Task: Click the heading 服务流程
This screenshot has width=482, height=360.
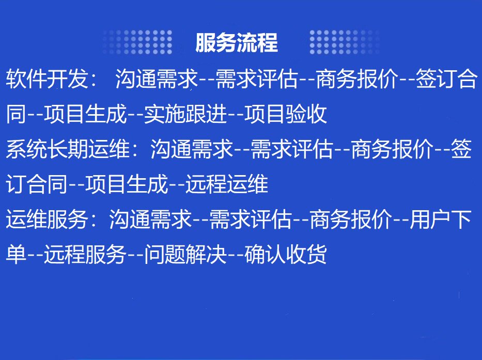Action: point(237,42)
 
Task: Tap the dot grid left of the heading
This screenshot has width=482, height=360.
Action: point(137,42)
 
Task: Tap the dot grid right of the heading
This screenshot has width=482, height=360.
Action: point(345,42)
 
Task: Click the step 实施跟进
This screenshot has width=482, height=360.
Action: point(185,114)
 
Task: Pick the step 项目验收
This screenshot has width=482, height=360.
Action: point(286,114)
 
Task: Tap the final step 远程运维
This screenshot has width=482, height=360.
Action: point(227,184)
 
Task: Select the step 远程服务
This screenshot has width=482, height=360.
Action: point(85,254)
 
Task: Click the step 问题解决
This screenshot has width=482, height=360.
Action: point(185,254)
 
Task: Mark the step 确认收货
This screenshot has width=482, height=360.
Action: point(286,254)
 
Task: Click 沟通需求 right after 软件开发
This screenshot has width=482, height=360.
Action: point(157,79)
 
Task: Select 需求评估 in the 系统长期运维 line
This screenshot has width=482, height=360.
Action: point(292,149)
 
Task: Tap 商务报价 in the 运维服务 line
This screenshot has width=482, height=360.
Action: point(351,219)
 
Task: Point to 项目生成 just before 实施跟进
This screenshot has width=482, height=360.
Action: point(85,114)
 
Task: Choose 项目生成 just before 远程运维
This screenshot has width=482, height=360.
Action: point(127,184)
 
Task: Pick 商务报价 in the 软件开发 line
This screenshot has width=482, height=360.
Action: point(357,79)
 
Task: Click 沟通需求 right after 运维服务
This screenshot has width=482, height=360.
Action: point(151,219)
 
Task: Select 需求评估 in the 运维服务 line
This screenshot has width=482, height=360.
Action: point(251,219)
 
